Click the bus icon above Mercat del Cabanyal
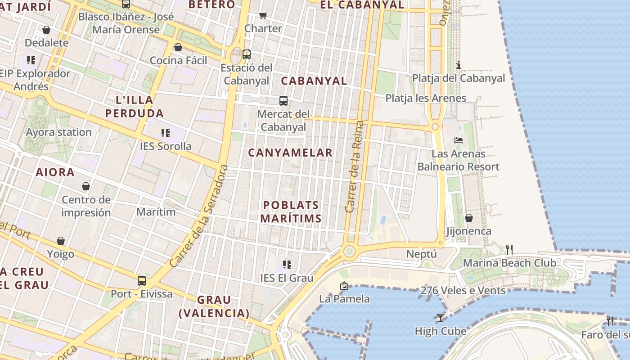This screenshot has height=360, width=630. (x=283, y=101)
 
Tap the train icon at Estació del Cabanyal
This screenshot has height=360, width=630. (x=246, y=54)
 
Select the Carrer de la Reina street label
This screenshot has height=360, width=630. (x=354, y=166)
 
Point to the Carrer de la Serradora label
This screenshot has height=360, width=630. (x=199, y=216)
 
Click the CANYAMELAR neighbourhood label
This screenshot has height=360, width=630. (x=290, y=153)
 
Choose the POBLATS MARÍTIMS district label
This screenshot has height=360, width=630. (x=291, y=212)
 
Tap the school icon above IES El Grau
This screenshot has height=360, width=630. (x=287, y=264)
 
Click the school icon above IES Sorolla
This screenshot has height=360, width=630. (x=165, y=133)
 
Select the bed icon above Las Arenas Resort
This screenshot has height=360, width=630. (x=459, y=140)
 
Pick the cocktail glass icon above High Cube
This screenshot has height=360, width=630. (x=440, y=318)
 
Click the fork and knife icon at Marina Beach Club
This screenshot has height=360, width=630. (x=509, y=249)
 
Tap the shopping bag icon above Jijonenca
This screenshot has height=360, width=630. (x=468, y=218)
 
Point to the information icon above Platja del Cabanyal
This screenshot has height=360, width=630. (x=459, y=65)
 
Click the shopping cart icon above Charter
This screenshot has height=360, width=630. (x=263, y=15)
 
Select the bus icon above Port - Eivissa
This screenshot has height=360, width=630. (x=142, y=281)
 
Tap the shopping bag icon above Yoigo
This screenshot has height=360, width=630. (x=61, y=241)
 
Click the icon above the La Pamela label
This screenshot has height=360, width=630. (x=344, y=285)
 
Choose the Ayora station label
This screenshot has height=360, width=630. (x=58, y=132)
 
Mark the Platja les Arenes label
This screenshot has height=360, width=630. (x=426, y=98)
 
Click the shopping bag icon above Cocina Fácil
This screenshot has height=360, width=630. (x=178, y=47)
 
